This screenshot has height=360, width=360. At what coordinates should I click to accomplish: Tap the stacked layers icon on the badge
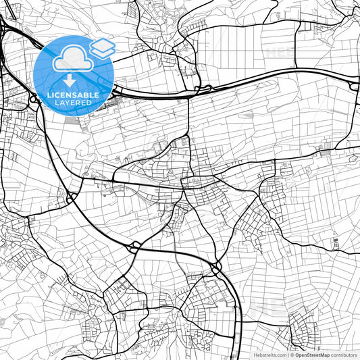pyautogui.click(x=103, y=47)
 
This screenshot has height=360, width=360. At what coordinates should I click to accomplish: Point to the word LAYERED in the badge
pyautogui.click(x=74, y=103)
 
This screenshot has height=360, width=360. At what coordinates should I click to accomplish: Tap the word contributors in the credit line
pyautogui.click(x=344, y=355)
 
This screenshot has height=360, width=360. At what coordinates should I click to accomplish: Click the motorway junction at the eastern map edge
pyautogui.click(x=354, y=84)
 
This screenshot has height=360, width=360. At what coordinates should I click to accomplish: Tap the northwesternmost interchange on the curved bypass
pyautogui.click(x=70, y=197)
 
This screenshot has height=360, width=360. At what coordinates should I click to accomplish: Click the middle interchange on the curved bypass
pyautogui.click(x=134, y=245)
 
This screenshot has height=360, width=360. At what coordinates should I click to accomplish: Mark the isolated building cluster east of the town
pyautogui.click(x=334, y=241)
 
